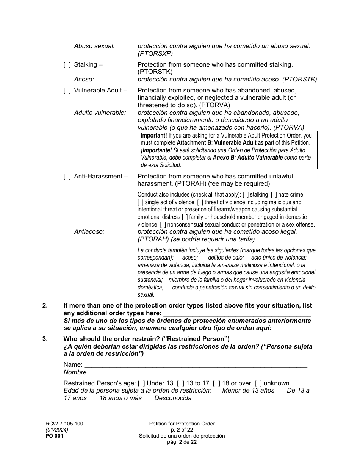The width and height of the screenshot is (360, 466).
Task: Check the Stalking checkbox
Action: point(67,65)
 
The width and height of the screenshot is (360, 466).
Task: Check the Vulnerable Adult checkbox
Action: point(67,91)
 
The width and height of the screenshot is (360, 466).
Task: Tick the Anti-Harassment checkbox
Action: point(67,177)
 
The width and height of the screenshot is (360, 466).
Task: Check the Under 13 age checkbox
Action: point(141,383)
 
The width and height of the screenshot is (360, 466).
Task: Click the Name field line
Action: point(196,365)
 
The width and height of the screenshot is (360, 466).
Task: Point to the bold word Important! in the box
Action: point(154,136)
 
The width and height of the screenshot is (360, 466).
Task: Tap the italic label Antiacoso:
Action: point(89,232)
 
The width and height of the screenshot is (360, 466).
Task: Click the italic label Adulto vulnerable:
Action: point(100,113)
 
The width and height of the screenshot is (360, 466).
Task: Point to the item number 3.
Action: point(45,339)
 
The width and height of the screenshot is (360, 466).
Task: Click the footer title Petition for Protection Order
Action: point(182,424)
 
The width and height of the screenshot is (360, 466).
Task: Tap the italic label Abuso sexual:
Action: point(94,46)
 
